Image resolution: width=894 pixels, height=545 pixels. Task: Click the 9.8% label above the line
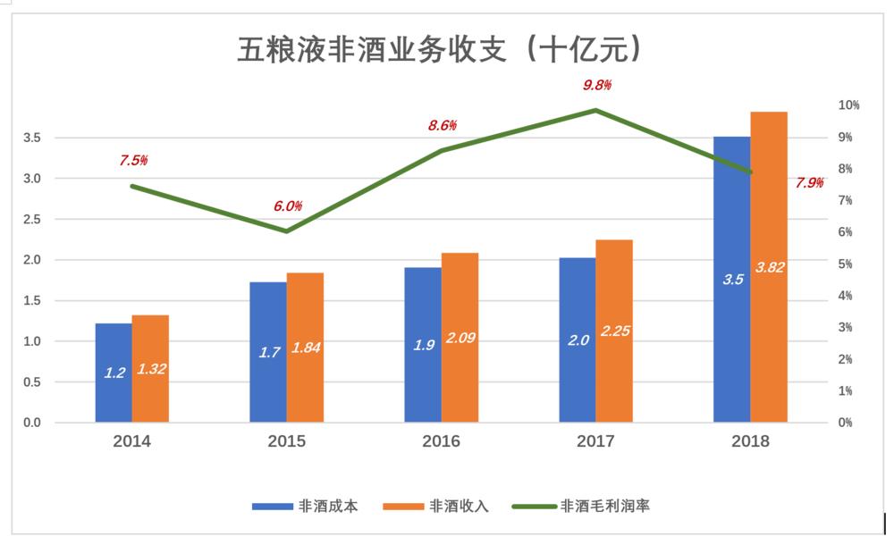pyautogui.click(x=596, y=86)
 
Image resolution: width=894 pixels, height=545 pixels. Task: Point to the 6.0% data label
pyautogui.click(x=288, y=206)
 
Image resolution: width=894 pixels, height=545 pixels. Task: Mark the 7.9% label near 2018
pyautogui.click(x=809, y=183)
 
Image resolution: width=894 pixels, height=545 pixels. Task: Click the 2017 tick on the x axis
pyautogui.click(x=595, y=441)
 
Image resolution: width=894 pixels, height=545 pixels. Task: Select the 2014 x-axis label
pyautogui.click(x=131, y=441)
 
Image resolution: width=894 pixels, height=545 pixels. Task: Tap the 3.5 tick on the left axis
pyautogui.click(x=32, y=138)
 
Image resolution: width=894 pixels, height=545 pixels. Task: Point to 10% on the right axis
pyautogui.click(x=848, y=105)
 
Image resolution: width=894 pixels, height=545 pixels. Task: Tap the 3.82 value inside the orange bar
pyautogui.click(x=770, y=267)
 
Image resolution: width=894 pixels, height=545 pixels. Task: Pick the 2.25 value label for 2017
pyautogui.click(x=615, y=331)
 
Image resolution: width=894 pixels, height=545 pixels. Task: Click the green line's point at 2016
pyautogui.click(x=442, y=150)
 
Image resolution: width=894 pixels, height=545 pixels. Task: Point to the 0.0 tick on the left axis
pyautogui.click(x=32, y=423)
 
